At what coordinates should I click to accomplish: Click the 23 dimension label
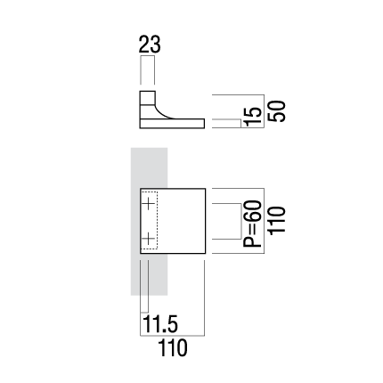click(150, 45)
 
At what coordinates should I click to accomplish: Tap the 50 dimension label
click(277, 111)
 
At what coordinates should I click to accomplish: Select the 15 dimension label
click(254, 117)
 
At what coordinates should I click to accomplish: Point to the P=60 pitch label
click(252, 224)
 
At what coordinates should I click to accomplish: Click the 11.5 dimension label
click(160, 323)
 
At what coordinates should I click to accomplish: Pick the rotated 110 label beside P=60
click(277, 221)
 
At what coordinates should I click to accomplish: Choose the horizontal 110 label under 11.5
click(173, 347)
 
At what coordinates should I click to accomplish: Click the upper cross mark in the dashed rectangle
click(148, 204)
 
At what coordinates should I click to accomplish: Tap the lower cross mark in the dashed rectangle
click(148, 239)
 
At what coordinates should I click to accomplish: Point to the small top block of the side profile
click(148, 98)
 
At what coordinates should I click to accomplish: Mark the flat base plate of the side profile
click(172, 124)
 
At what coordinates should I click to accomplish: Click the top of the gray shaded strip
click(150, 148)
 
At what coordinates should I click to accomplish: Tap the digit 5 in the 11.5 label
click(172, 323)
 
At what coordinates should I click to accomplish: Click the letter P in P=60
click(252, 241)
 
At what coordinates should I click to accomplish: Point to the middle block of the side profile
click(148, 111)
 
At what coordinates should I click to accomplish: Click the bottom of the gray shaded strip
click(150, 295)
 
